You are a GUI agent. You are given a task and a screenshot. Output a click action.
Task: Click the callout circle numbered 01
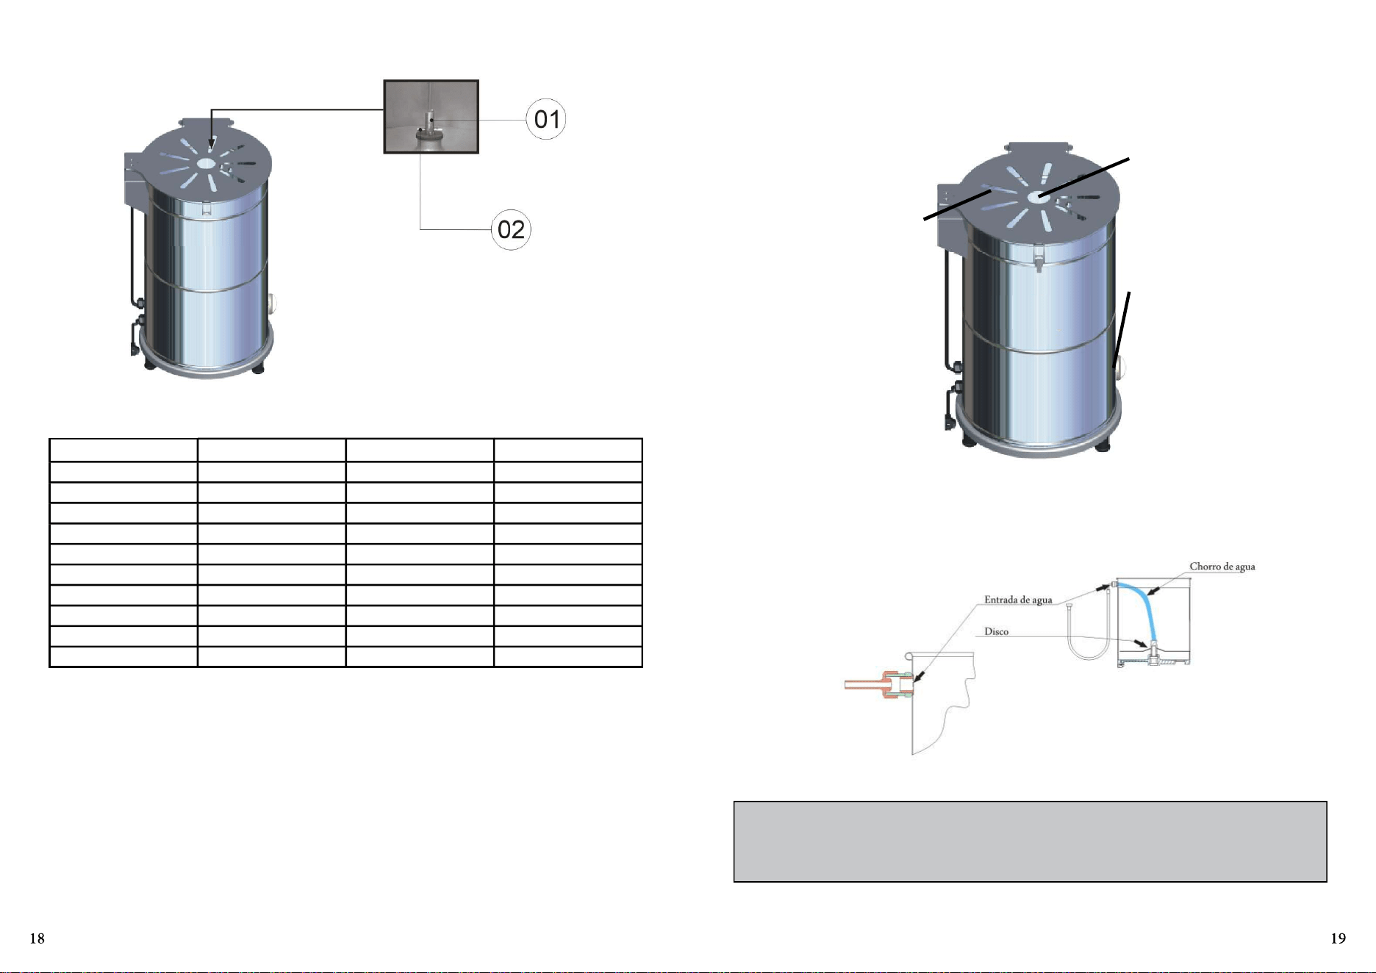[546, 119]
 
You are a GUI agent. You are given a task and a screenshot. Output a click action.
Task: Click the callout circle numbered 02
[511, 229]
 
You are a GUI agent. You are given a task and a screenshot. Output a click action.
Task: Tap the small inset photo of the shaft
[431, 117]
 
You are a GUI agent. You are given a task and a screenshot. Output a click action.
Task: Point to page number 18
[37, 938]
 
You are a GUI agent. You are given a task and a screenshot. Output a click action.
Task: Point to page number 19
[1338, 938]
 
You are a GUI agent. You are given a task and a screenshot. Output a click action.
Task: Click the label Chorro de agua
[1222, 567]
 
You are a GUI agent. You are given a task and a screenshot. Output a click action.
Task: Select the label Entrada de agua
[1018, 600]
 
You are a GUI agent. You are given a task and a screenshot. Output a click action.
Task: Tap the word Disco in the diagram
[996, 631]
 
